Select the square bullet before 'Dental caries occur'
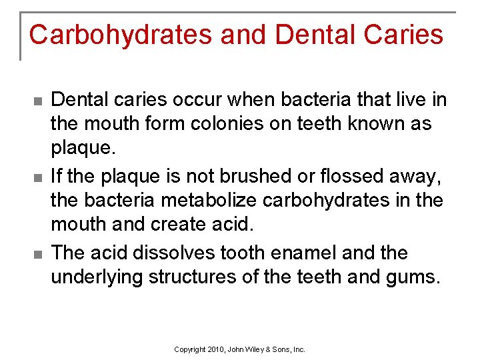(x=37, y=101)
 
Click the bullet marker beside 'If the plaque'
(x=37, y=177)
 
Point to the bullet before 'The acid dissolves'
(x=37, y=254)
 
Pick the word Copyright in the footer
(x=190, y=349)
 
